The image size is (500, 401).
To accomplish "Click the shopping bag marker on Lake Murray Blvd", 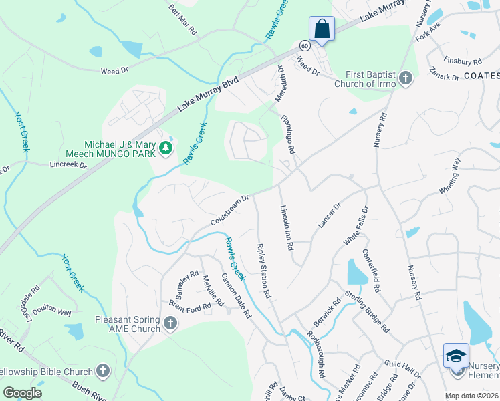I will tap(322, 29).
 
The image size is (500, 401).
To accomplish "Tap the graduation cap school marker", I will tap(456, 355).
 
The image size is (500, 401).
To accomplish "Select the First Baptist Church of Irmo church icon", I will tap(405, 80).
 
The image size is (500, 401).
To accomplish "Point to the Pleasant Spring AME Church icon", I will tap(170, 324).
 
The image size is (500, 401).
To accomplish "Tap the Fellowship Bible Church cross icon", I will tap(103, 370).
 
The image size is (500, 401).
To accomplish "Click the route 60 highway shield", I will tap(305, 45).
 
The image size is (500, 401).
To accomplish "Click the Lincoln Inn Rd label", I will tap(286, 227).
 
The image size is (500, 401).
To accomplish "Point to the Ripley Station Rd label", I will tap(264, 270).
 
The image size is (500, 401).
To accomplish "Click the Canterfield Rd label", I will tap(372, 271).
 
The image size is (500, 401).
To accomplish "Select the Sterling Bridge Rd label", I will tap(367, 311).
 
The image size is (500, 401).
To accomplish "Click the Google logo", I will tap(23, 393).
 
